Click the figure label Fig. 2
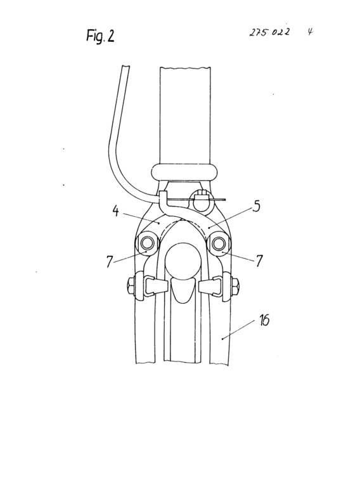pos(100,36)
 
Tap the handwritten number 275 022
pos(269,32)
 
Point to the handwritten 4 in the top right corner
pos(310,32)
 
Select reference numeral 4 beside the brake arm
pos(115,211)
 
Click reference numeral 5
pos(256,207)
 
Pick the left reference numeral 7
pos(109,261)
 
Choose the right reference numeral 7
pos(259,261)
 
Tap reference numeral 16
pos(264,320)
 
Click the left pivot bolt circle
pos(147,243)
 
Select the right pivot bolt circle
pos(219,243)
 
